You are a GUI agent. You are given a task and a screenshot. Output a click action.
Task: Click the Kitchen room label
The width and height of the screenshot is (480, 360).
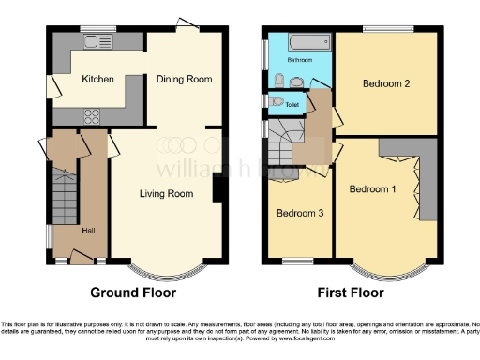(x=97, y=80)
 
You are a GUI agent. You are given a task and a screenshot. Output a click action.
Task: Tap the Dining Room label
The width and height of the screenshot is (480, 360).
(x=184, y=80)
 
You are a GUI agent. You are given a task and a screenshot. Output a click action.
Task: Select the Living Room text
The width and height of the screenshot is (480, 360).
(x=167, y=194)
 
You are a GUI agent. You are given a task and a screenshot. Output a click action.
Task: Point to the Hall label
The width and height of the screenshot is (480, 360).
(x=88, y=231)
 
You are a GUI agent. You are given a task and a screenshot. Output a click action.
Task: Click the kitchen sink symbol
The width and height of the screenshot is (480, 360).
(x=97, y=41)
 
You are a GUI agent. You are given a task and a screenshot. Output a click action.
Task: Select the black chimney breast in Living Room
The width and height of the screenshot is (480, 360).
(x=218, y=189)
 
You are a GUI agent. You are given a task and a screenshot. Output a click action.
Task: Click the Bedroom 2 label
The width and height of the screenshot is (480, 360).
(x=387, y=83)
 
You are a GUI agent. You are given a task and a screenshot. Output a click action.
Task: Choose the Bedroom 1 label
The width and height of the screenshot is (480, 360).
(x=372, y=188)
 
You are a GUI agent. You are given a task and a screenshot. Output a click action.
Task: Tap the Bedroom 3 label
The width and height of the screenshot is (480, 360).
(x=300, y=213)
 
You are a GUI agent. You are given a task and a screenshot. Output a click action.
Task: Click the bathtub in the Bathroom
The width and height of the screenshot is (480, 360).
(x=308, y=42)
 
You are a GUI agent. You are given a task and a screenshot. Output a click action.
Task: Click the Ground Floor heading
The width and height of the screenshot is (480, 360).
(x=133, y=292)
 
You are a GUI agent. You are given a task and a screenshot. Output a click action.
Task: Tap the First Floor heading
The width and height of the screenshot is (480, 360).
(x=352, y=292)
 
